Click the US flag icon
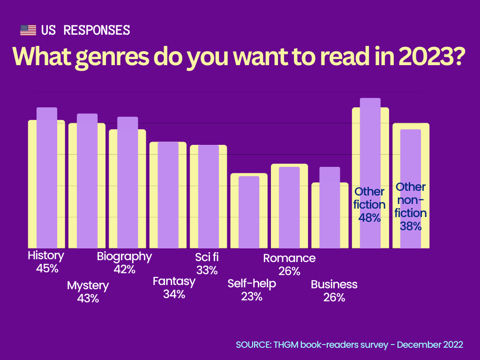[x=28, y=30]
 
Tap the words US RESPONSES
[x=85, y=30]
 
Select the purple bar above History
[x=47, y=178]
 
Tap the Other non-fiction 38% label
[x=411, y=206]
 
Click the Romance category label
[x=289, y=258]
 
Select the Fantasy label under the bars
[x=174, y=282]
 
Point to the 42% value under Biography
[x=124, y=269]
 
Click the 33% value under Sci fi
[x=207, y=270]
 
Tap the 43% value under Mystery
[x=88, y=298]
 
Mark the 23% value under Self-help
[x=252, y=296]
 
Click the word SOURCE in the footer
[x=253, y=345]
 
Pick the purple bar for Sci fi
[x=209, y=197]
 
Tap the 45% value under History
[x=46, y=269]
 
